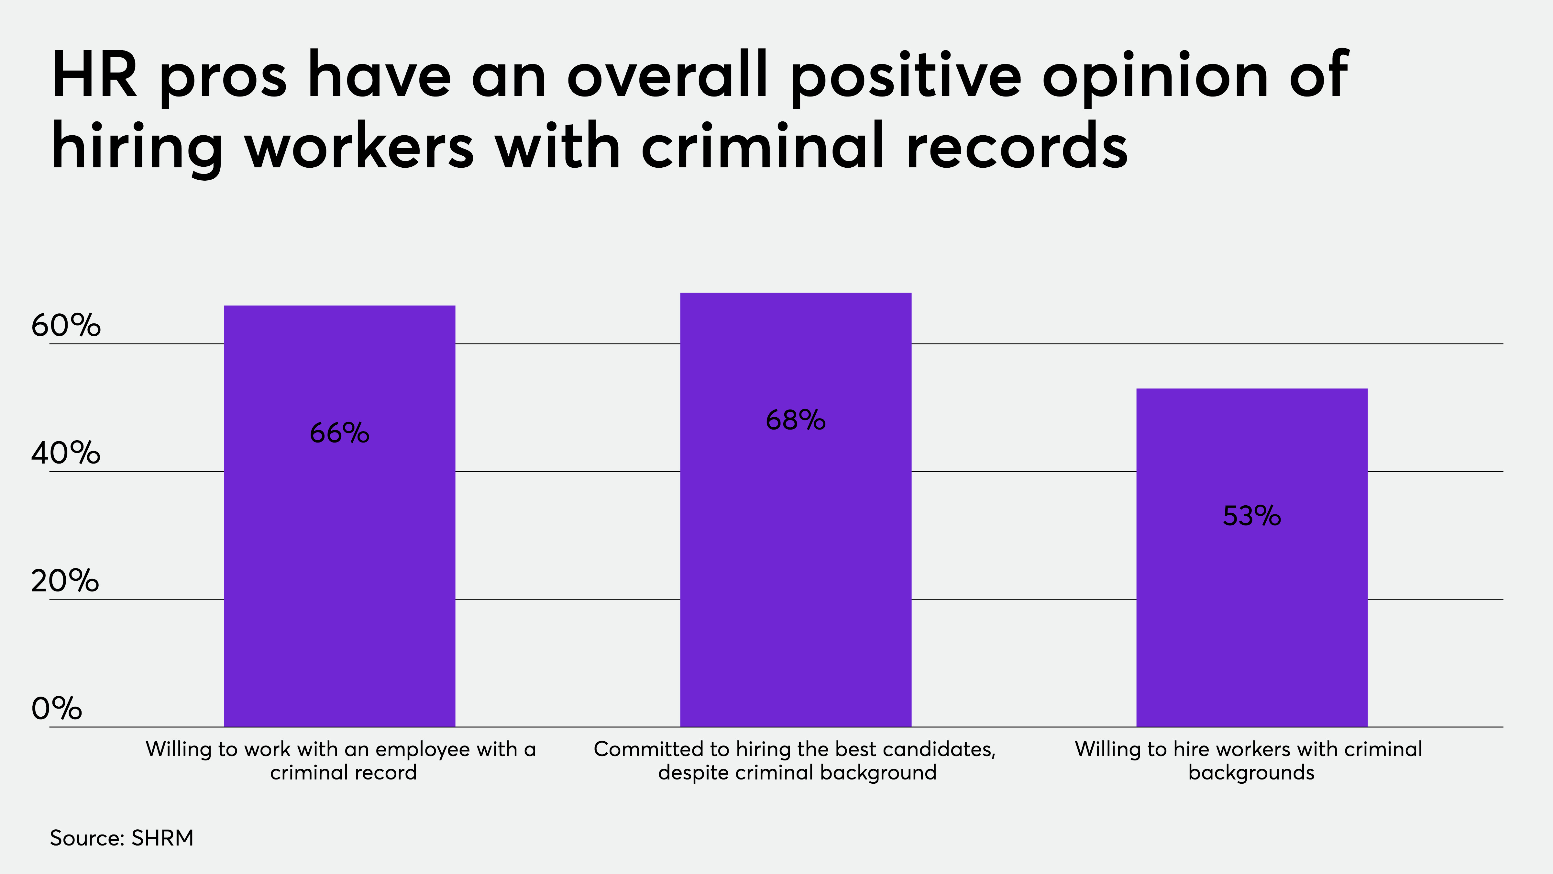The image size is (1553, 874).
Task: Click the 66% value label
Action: coord(339,433)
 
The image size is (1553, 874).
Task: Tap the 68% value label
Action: coord(796,420)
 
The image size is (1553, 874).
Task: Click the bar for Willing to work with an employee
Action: coord(339,516)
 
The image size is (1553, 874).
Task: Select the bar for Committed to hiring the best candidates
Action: coord(796,510)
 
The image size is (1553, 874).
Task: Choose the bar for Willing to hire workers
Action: coord(1252,558)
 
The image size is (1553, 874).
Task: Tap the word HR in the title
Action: coord(95,75)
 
